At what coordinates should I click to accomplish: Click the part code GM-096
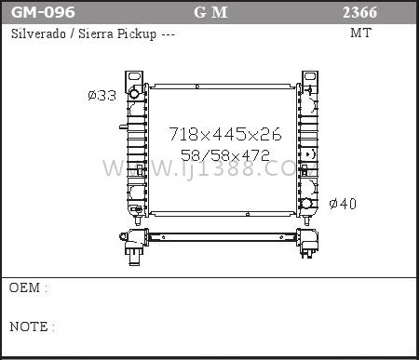tap(43, 12)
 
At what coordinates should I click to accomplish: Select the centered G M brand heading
tap(210, 12)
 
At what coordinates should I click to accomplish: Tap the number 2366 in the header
tap(359, 12)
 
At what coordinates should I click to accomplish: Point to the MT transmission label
tap(360, 33)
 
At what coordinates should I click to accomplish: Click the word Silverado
tap(38, 33)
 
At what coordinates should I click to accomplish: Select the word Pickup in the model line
tap(137, 34)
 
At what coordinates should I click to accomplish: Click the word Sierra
tap(96, 33)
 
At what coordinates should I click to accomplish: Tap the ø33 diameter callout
tap(102, 95)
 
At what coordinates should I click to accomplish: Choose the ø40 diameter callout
tap(343, 204)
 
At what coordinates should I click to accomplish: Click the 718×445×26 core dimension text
tap(225, 134)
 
